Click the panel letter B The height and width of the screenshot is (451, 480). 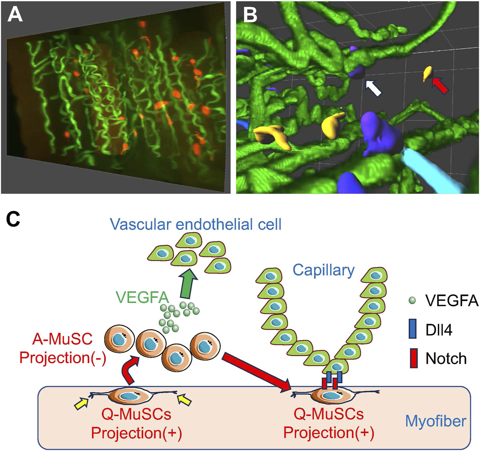(x=250, y=15)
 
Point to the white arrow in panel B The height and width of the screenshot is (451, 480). (x=373, y=88)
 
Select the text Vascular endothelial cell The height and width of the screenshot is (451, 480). (x=196, y=224)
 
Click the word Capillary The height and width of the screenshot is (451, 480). (x=323, y=270)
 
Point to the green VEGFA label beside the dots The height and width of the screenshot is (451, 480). (x=142, y=297)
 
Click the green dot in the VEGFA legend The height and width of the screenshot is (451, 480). (x=412, y=300)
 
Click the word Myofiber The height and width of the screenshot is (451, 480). (x=435, y=421)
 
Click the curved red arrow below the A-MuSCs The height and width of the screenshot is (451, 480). (x=130, y=371)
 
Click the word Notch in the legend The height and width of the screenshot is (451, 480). (x=446, y=358)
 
